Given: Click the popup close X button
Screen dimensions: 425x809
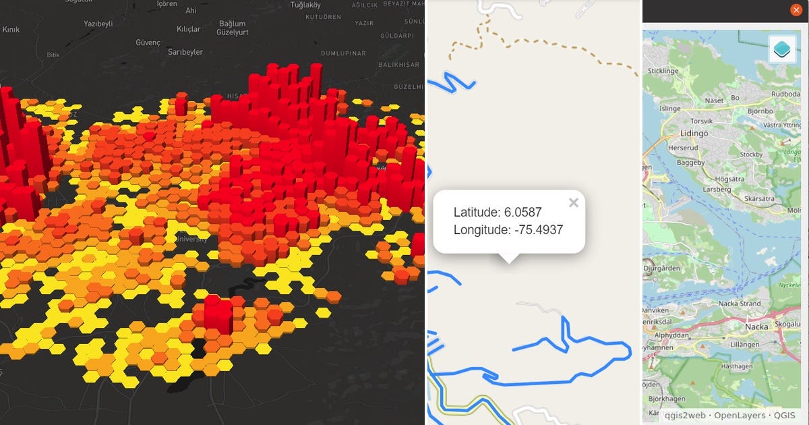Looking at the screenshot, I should pyautogui.click(x=574, y=202).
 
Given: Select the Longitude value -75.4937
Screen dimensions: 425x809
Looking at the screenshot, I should pyautogui.click(x=538, y=229).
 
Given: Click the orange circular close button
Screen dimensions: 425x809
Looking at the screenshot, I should pyautogui.click(x=796, y=10).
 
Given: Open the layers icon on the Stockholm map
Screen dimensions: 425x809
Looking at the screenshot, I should pyautogui.click(x=783, y=49).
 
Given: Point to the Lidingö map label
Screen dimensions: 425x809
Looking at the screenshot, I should pyautogui.click(x=695, y=134).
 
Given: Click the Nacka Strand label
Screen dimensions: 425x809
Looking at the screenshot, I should pyautogui.click(x=741, y=304).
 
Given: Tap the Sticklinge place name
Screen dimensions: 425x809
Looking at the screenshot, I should pyautogui.click(x=663, y=71).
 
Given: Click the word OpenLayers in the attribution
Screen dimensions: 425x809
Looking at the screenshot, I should pyautogui.click(x=740, y=416).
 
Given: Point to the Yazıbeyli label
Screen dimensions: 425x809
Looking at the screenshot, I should pyautogui.click(x=98, y=24).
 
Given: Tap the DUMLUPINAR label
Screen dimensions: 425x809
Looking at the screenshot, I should pyautogui.click(x=343, y=53).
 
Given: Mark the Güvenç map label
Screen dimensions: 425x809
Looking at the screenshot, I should pyautogui.click(x=148, y=42).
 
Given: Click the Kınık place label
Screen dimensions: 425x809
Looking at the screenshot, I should pyautogui.click(x=11, y=30).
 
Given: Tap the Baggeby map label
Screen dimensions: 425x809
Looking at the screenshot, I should pyautogui.click(x=686, y=163).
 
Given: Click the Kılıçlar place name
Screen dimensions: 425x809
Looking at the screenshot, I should pyautogui.click(x=189, y=29).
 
